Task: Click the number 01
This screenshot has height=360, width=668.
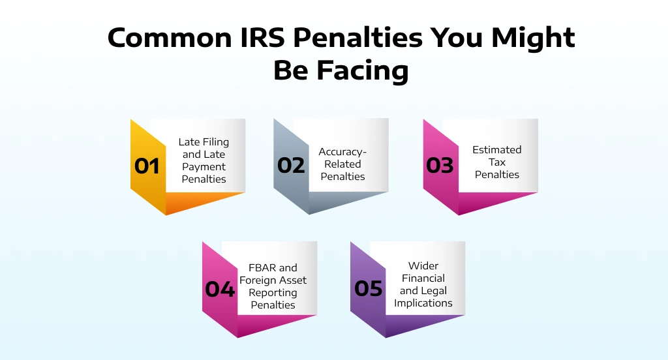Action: [x=147, y=166]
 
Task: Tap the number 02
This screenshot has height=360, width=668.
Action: [x=291, y=166]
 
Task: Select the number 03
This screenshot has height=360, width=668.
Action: [x=440, y=166]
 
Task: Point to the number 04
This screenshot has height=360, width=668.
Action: [x=219, y=289]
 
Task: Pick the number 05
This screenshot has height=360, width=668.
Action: [x=369, y=288]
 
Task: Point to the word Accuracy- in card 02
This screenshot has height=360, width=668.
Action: [x=342, y=152]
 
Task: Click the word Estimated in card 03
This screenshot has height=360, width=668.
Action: [x=496, y=150]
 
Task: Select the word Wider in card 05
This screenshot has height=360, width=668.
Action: [x=423, y=265]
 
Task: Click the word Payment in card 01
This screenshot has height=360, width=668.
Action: [x=204, y=167]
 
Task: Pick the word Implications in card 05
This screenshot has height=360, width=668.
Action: [x=423, y=303]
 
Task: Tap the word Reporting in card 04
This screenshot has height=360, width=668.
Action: [x=273, y=292]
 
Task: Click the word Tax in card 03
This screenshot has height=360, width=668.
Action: [x=497, y=162]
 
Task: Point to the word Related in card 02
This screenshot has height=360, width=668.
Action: [x=342, y=164]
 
